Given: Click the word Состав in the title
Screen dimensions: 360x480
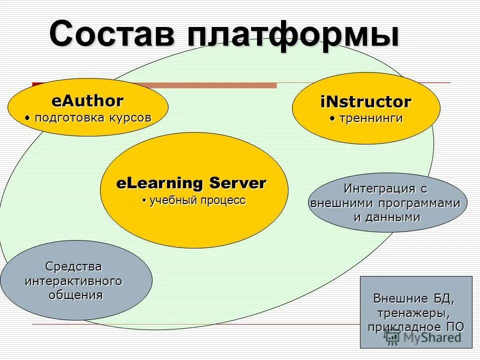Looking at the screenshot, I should pyautogui.click(x=113, y=34).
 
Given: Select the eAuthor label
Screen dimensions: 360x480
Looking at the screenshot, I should pyautogui.click(x=87, y=101).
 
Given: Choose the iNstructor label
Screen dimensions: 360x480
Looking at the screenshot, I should pyautogui.click(x=365, y=102).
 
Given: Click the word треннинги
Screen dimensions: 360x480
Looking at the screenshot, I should pyautogui.click(x=370, y=119).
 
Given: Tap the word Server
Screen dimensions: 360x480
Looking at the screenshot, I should pyautogui.click(x=237, y=183).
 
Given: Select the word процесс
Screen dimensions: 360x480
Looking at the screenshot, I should pyautogui.click(x=223, y=200).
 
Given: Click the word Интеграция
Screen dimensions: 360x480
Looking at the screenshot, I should pyautogui.click(x=379, y=189).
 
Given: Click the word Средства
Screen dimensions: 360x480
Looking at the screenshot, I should pyautogui.click(x=73, y=266).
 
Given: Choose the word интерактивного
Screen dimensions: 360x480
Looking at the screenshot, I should pyautogui.click(x=73, y=280).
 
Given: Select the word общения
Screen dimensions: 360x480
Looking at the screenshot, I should pyautogui.click(x=76, y=294).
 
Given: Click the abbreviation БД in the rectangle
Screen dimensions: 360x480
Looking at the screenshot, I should pyautogui.click(x=442, y=299).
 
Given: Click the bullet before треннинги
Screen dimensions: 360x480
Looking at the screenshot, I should pyautogui.click(x=332, y=119).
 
